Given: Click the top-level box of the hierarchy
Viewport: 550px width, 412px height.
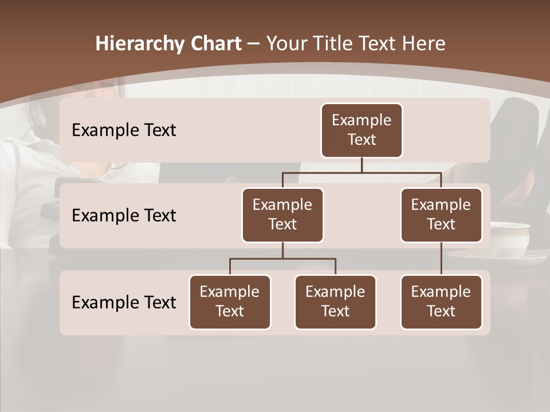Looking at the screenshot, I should [362, 130].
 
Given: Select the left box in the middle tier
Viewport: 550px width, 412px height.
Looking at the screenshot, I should [282, 215].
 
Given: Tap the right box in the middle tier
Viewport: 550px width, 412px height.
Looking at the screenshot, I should [441, 215].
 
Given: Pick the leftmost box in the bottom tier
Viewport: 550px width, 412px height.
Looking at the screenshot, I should [230, 302].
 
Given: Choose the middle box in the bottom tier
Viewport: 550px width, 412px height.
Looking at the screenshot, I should [335, 302].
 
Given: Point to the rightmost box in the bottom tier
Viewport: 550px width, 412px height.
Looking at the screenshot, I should [441, 302].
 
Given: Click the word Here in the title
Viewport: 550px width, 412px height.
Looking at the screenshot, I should [425, 43].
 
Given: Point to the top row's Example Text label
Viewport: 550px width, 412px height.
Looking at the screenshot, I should [124, 130].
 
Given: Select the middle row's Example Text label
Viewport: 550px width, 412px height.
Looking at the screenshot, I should [124, 216].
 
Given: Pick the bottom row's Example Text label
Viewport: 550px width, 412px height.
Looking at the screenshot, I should [124, 302].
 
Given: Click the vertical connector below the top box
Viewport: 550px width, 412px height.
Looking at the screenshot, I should [362, 165].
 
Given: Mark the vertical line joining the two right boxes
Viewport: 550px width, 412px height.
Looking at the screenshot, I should [441, 259].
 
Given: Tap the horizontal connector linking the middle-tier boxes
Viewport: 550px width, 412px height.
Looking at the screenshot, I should [362, 172].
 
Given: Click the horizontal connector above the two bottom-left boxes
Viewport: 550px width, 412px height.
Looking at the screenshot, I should [282, 259].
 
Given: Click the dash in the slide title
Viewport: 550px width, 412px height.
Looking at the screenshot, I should [253, 44].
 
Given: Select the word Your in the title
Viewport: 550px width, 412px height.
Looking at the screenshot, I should [288, 43].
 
